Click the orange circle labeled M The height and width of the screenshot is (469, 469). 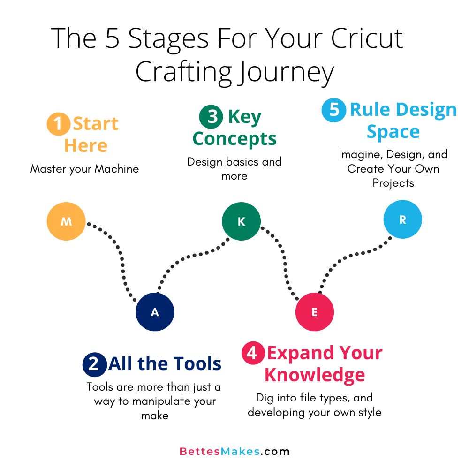(66, 221)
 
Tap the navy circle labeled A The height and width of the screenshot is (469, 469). (155, 312)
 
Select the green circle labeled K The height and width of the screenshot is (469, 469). (241, 221)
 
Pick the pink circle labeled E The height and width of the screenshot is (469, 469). (314, 312)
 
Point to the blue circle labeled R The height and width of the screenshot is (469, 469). (402, 219)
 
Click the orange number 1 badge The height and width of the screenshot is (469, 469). (58, 124)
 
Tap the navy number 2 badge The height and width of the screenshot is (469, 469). (94, 364)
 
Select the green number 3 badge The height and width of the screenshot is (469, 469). (211, 117)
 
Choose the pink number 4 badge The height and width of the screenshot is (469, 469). (253, 354)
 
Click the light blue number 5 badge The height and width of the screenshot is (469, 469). (333, 110)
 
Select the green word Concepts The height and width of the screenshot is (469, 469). (234, 139)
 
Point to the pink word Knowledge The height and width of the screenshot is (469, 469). (314, 375)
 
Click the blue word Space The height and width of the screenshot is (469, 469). (393, 132)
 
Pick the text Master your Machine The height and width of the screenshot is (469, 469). (85, 169)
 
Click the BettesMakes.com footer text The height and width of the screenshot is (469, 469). (234, 452)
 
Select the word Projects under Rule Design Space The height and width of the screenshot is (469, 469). (393, 183)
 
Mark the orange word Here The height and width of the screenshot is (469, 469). (86, 145)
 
